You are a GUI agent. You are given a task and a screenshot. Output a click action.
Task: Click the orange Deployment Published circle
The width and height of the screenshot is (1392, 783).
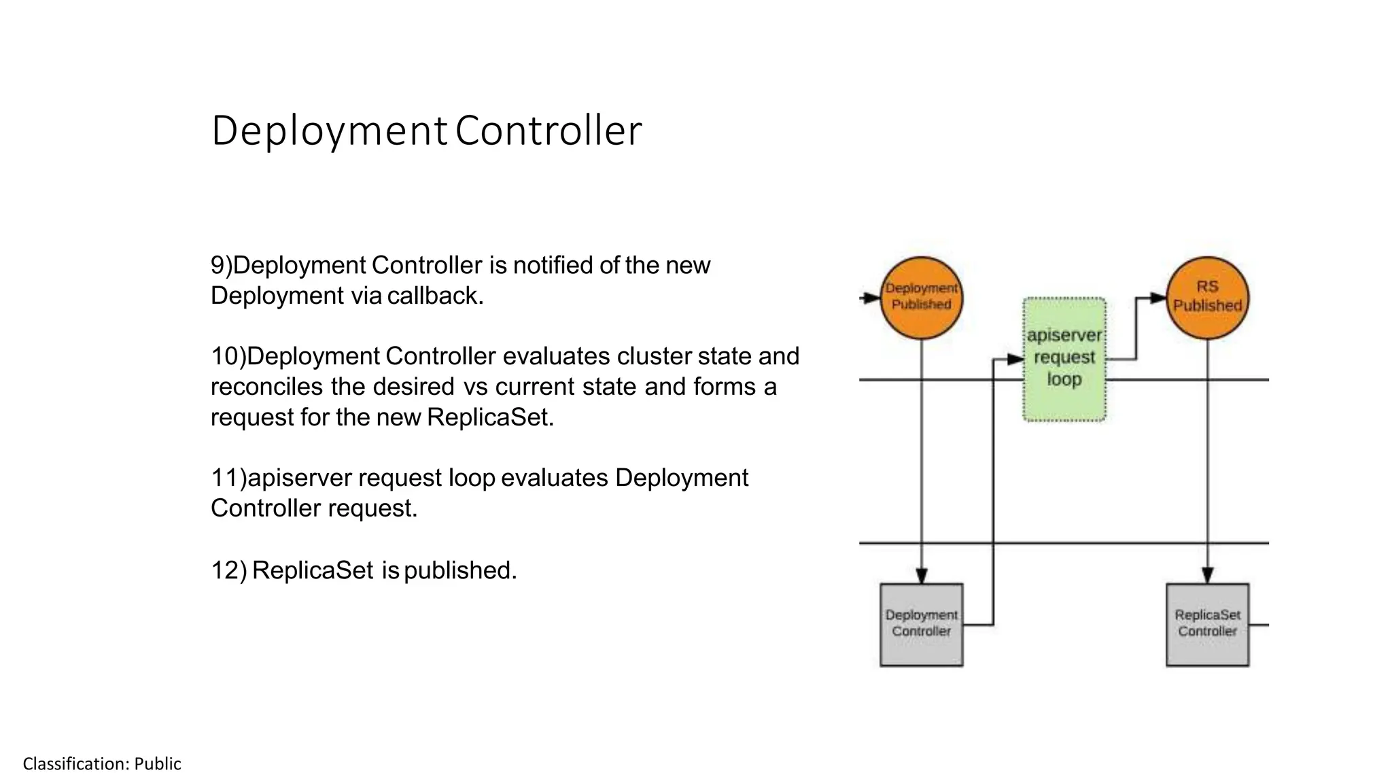(x=921, y=297)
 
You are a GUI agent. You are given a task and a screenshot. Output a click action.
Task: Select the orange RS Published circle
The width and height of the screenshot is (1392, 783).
(x=1207, y=297)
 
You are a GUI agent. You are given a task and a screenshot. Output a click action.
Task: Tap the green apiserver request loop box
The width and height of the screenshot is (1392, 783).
(x=1064, y=359)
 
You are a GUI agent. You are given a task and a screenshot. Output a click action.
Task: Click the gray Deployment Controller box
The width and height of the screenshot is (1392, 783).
(x=921, y=624)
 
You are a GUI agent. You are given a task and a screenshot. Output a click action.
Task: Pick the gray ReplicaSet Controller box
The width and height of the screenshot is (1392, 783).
(x=1207, y=624)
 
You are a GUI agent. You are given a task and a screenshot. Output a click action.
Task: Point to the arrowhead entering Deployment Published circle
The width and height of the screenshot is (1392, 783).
(x=872, y=298)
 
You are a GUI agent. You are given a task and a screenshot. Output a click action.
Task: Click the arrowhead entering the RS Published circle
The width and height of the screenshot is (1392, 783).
(x=1158, y=298)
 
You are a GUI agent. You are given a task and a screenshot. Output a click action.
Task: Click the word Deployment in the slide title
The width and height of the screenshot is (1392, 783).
(x=329, y=130)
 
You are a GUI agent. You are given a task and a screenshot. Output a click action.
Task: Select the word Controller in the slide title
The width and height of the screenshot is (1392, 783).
(x=548, y=130)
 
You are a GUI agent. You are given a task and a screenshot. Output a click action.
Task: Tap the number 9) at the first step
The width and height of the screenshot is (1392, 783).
(x=221, y=265)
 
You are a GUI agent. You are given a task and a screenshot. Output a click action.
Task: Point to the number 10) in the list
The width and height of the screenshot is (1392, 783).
(x=228, y=356)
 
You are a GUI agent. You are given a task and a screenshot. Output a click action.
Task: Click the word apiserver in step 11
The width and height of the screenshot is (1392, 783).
(x=299, y=478)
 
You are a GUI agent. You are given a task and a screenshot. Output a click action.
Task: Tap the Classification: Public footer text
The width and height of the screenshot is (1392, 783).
(x=102, y=764)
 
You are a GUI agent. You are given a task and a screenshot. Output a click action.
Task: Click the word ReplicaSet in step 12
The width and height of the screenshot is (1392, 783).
(x=313, y=570)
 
